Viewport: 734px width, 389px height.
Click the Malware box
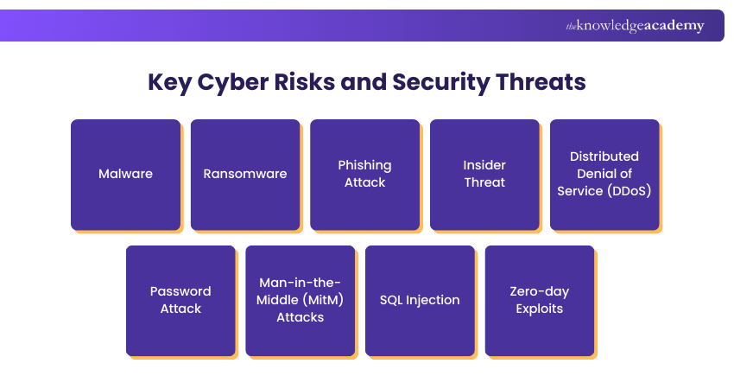[125, 174]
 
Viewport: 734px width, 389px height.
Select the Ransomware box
[245, 174]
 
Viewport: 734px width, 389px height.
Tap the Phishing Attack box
[364, 174]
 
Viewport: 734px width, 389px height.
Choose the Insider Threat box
[484, 174]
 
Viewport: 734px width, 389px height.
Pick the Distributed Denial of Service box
[604, 174]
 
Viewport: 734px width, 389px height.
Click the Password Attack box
[180, 300]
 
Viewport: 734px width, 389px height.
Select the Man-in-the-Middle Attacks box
[301, 300]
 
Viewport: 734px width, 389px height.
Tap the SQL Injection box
[420, 300]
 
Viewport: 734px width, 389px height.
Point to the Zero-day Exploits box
[540, 300]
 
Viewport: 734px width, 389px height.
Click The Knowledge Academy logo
[635, 26]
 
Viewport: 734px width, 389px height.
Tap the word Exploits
[540, 309]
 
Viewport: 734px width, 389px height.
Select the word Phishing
[364, 165]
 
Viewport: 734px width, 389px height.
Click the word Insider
[484, 165]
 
